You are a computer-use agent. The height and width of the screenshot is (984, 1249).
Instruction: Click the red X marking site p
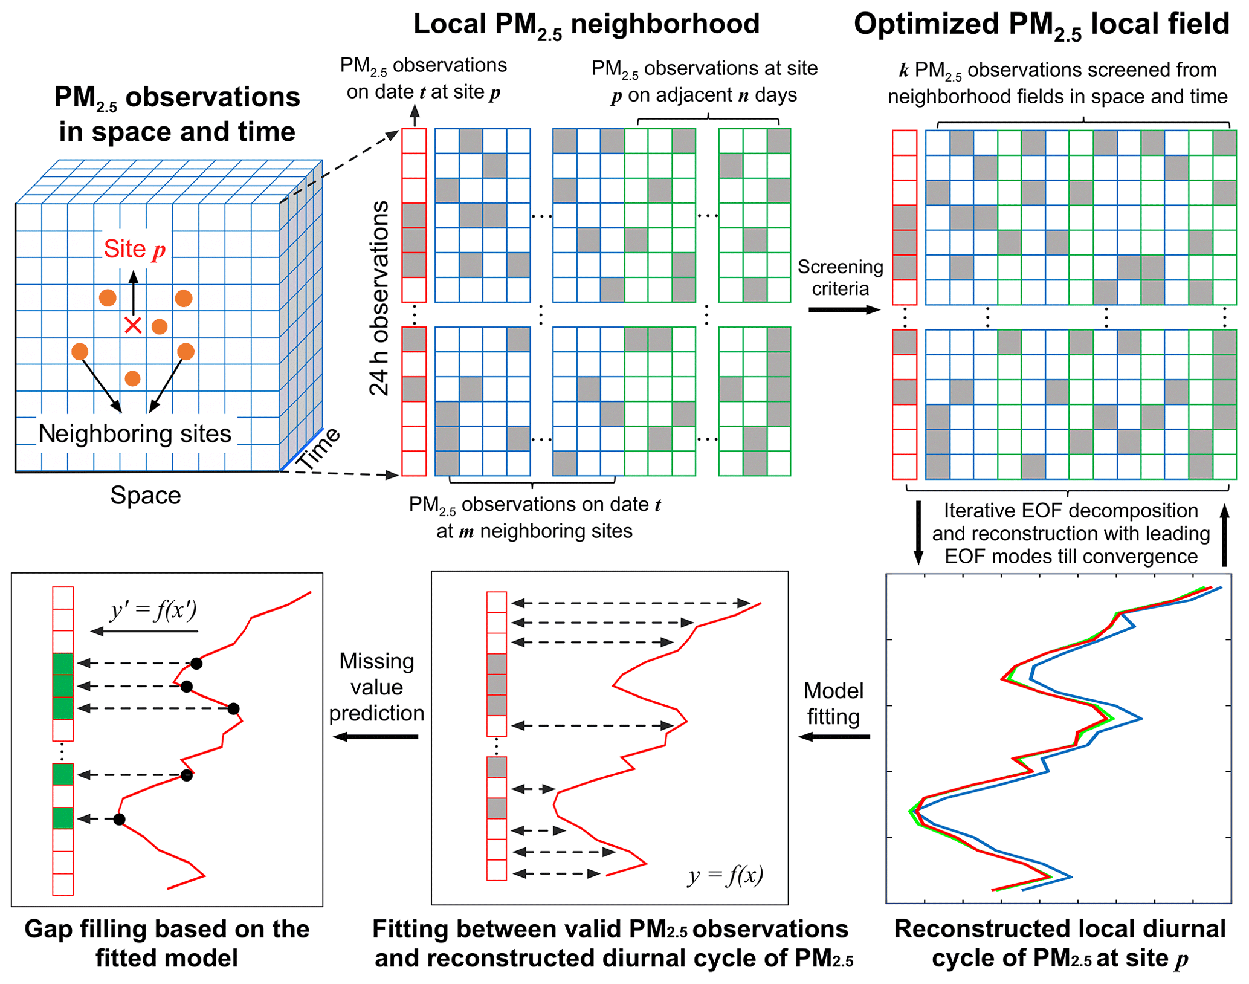click(x=133, y=325)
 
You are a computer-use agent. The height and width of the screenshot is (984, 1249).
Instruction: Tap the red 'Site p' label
click(x=134, y=249)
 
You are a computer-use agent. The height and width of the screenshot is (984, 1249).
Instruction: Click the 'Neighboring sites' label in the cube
click(x=135, y=433)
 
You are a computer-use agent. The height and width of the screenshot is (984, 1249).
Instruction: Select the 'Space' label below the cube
click(x=146, y=495)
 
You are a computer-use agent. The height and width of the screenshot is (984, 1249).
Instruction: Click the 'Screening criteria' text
click(x=840, y=277)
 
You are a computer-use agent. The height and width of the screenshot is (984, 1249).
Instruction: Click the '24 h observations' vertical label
click(x=379, y=299)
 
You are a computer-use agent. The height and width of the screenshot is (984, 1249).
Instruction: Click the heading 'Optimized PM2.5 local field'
click(x=1041, y=25)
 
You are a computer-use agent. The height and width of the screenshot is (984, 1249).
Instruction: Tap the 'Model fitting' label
click(x=833, y=704)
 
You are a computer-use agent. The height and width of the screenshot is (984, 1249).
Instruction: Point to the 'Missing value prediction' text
click(x=376, y=687)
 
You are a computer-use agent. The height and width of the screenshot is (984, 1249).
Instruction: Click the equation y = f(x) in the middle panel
click(x=725, y=875)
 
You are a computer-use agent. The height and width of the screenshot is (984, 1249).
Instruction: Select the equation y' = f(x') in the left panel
click(x=153, y=610)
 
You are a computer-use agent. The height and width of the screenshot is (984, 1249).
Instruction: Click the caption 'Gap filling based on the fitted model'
click(x=167, y=944)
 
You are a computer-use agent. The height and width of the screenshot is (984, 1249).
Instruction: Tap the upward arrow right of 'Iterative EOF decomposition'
click(x=1225, y=535)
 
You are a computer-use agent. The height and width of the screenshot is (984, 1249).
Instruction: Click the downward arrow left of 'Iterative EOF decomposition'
click(x=918, y=532)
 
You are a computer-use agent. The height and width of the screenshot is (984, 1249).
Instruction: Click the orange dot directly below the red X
click(x=133, y=378)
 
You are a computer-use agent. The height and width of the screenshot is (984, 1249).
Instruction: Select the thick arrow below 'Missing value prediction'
click(x=375, y=737)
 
